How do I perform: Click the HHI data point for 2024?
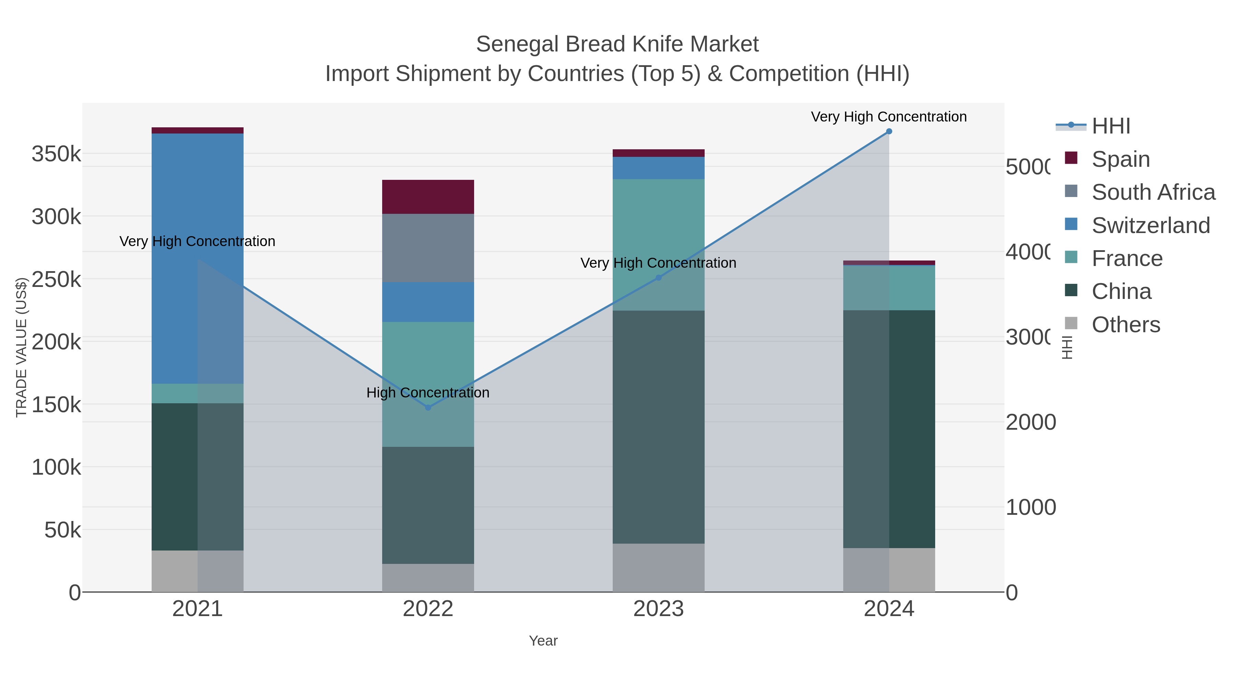(x=889, y=131)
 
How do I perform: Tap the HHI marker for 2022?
(x=428, y=408)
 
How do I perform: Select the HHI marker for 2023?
(x=658, y=278)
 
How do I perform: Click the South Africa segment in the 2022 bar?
(x=428, y=248)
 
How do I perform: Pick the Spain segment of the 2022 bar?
(x=428, y=197)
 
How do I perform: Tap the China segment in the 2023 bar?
(x=658, y=427)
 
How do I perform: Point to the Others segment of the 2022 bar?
(x=428, y=578)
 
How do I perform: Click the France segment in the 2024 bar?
(x=889, y=288)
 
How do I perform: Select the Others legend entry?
(x=1126, y=325)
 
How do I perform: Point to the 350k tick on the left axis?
(x=56, y=154)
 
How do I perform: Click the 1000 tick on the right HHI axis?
(x=1030, y=508)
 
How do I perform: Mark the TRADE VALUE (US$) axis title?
(x=21, y=347)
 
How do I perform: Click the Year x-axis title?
(x=543, y=641)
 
